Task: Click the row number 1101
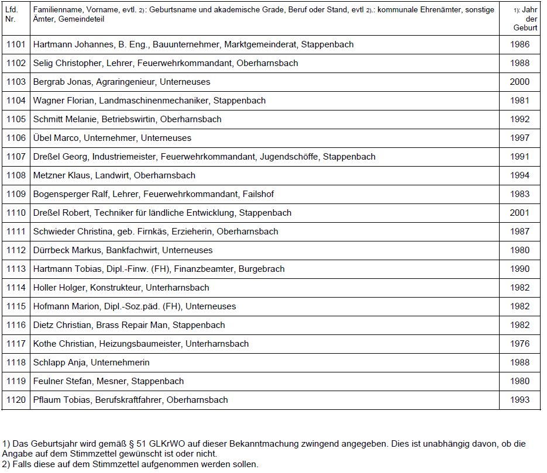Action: tap(16, 44)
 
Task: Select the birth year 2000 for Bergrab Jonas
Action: tap(519, 82)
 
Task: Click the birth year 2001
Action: tap(519, 213)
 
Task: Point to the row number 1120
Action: tap(16, 400)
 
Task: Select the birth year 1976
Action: tap(519, 344)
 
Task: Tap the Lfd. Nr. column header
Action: tap(12, 15)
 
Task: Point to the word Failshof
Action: tap(258, 194)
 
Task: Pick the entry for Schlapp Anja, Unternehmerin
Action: tap(91, 362)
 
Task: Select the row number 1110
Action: tap(16, 213)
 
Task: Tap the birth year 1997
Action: tap(519, 138)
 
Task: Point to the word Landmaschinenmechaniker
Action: tap(153, 101)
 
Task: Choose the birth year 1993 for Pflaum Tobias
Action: tap(519, 400)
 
